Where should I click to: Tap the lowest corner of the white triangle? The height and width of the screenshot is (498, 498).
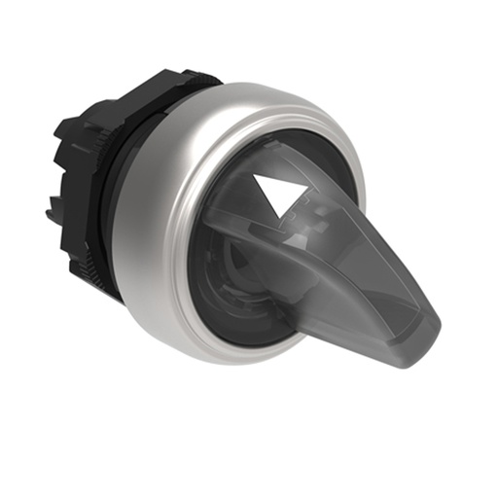[275, 202]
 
